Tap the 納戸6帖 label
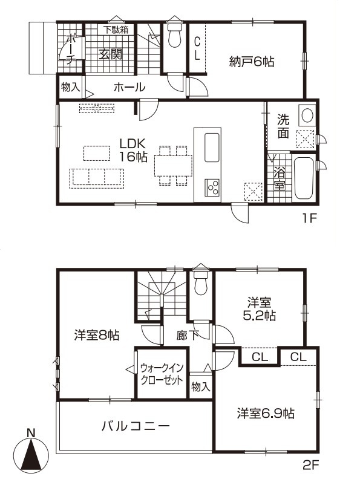(x=252, y=62)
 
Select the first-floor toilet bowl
(x=174, y=36)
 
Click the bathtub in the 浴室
(x=304, y=178)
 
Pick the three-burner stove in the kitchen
(x=212, y=187)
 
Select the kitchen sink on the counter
(x=212, y=148)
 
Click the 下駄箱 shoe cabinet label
(x=116, y=30)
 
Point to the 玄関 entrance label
(x=111, y=55)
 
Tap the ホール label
(x=129, y=88)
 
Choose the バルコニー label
(x=136, y=426)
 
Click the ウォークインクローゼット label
(x=162, y=374)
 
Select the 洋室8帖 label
(x=97, y=335)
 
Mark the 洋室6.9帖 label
(x=266, y=414)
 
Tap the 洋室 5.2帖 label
(x=259, y=309)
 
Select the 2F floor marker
(x=311, y=466)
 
